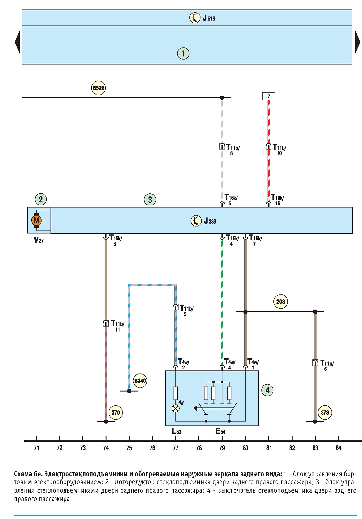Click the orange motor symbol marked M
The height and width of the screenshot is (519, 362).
point(36,220)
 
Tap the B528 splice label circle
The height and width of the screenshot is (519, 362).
point(98,88)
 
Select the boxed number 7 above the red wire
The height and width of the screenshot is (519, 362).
point(269,96)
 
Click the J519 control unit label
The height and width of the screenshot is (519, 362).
point(209,18)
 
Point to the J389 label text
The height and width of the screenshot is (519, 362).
point(210,221)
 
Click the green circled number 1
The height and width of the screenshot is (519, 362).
point(183,54)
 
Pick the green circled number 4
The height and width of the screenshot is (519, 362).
point(267,390)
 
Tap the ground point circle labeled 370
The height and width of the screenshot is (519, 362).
point(116,412)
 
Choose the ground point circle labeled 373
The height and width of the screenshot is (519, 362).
point(325,412)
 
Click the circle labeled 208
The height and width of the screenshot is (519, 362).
point(281,301)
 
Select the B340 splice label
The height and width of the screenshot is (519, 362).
point(140,381)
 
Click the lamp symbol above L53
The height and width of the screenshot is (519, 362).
point(176,408)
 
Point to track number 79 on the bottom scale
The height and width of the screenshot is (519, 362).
point(222,448)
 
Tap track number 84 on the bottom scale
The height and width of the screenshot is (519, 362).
point(338,448)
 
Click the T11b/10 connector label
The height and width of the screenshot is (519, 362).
point(279,150)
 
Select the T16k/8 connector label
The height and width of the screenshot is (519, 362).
point(116,240)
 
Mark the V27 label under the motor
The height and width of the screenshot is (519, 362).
point(39,240)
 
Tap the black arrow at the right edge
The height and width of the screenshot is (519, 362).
point(358,42)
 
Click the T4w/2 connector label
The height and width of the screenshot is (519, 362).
point(184,364)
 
